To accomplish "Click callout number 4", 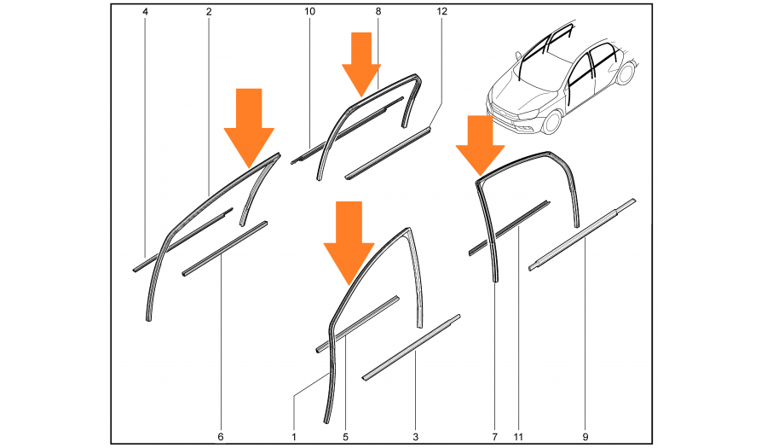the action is coord(145,11).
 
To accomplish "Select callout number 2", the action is coord(209,11).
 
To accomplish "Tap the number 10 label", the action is coord(309,11).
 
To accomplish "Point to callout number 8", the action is coord(378,11).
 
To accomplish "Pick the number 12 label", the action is coord(441,11).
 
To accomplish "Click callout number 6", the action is coord(221,437).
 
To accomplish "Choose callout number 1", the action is coord(294,437).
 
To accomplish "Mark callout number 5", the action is coord(345,437).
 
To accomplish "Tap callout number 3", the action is coord(416,437).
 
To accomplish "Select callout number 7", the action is coord(494,437).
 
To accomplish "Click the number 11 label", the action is coord(518,437).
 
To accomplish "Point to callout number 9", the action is coord(585,437).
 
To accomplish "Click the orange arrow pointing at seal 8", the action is coord(361,64).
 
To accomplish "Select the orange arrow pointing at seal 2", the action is coord(249,127).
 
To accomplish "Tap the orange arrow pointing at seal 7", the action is coord(481,145).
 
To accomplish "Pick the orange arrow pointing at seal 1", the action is coord(349,242).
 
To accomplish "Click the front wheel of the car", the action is coord(552,122).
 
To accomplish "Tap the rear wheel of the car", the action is coord(626,73).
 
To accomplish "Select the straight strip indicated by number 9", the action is coord(582,235).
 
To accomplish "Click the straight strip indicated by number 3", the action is coord(411,347).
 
